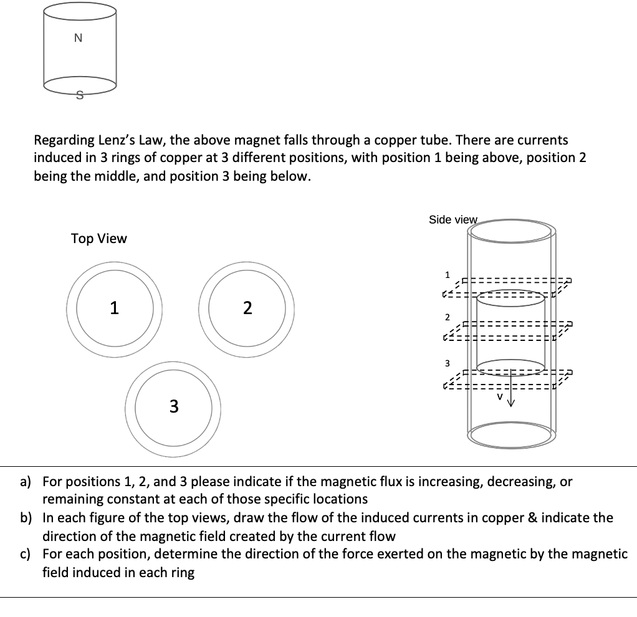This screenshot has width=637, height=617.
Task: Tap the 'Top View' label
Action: (x=98, y=239)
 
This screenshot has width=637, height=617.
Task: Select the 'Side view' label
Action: (x=453, y=219)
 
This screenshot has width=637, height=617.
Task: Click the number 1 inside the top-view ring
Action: (x=113, y=308)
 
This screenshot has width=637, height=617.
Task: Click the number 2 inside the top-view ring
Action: (x=247, y=308)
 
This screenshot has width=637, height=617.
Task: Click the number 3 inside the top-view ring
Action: (x=173, y=406)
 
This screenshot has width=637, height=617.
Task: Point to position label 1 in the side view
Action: (x=446, y=274)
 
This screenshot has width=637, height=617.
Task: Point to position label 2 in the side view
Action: (x=447, y=317)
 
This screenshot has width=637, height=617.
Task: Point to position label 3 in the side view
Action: (x=446, y=363)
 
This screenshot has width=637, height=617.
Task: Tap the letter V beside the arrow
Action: (x=499, y=396)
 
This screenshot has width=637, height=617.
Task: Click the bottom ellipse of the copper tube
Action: (x=511, y=436)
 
